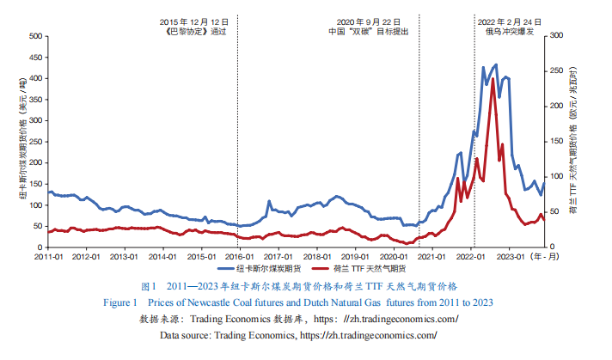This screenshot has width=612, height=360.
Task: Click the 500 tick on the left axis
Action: (34, 36)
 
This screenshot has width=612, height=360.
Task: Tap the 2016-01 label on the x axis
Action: (239, 256)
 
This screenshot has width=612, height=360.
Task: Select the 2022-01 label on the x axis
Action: (472, 256)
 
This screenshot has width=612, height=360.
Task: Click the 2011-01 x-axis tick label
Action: (49, 256)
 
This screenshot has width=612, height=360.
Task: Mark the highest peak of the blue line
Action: (495, 65)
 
